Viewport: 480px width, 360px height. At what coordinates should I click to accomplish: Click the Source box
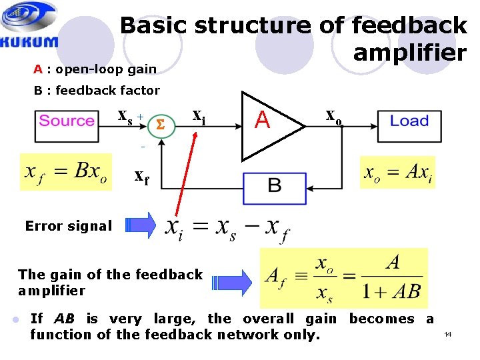(x=67, y=121)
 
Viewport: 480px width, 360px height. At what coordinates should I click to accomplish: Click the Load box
(x=409, y=121)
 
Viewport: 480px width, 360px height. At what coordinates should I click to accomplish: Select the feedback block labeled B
(x=274, y=185)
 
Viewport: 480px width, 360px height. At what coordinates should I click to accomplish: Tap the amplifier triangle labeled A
(x=267, y=122)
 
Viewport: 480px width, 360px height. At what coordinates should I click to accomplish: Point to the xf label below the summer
(x=142, y=177)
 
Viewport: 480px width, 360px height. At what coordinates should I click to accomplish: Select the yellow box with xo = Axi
(x=397, y=173)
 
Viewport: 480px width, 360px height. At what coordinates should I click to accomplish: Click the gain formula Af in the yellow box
(x=343, y=277)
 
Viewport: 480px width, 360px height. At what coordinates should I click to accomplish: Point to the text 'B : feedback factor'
(x=97, y=90)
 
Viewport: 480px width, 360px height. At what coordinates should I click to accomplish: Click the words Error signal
(x=69, y=226)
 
